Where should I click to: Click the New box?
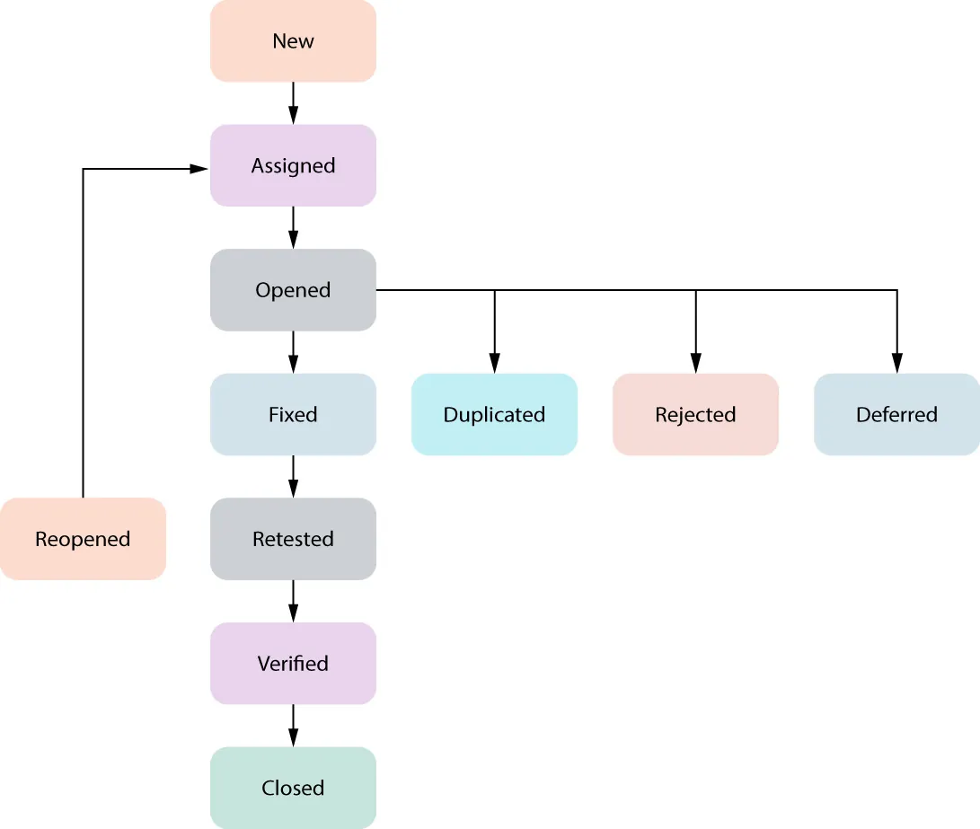coord(293,41)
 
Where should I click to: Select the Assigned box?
coord(293,165)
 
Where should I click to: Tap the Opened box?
coord(293,290)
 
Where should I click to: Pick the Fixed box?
coord(293,414)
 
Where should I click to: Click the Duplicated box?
coord(494,414)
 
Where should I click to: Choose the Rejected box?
coord(695,414)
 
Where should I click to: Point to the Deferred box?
coord(896,414)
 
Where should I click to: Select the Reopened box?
coord(83,539)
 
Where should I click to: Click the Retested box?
coord(293,539)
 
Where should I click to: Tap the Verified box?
coord(293,663)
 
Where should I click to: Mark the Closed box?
coord(293,788)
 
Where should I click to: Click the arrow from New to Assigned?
coord(293,103)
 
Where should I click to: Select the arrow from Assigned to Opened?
coord(293,227)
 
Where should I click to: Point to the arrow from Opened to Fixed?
coord(293,352)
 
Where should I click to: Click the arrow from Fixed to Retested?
coord(293,476)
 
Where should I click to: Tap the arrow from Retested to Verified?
coord(293,601)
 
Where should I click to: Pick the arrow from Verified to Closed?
coord(293,725)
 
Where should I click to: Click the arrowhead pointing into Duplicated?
coord(494,363)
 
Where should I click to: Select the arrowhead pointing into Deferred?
coord(896,363)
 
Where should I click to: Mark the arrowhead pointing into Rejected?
coord(695,363)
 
